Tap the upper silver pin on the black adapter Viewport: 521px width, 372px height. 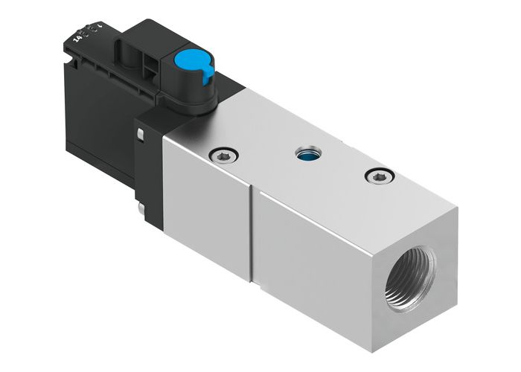click(x=139, y=134)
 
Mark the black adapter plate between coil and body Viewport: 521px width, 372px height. click(x=149, y=171)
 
